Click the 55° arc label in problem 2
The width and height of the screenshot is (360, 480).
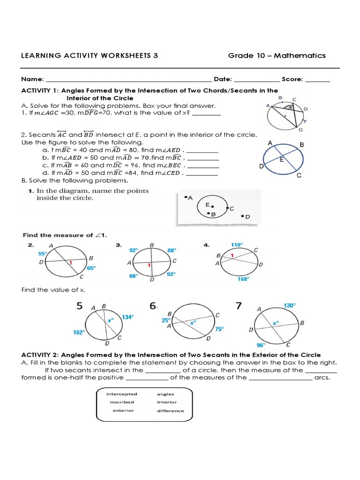coord(43,253)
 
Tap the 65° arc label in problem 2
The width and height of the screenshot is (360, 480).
coord(91,268)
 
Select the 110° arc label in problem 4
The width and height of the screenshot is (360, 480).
coord(237,245)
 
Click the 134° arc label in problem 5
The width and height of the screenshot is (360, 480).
coord(127,317)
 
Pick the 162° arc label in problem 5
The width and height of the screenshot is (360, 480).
coord(79,332)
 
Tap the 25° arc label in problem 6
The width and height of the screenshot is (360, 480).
coord(165,321)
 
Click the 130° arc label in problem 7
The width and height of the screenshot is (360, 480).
coord(290,305)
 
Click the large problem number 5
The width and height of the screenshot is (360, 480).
coord(80,306)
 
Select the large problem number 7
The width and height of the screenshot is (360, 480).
coord(239,306)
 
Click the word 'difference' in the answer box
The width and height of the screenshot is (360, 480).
coord(171,411)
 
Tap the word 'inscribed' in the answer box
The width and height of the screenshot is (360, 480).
coord(122,402)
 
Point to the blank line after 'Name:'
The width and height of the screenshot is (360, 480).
coord(129,80)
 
